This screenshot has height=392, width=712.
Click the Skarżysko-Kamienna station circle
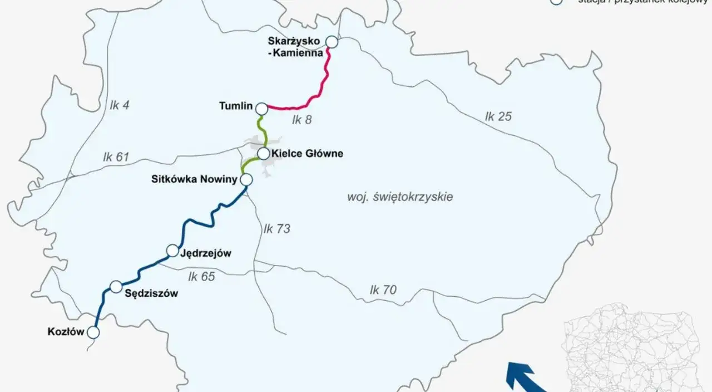(332, 42)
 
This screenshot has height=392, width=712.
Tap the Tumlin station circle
(261, 107)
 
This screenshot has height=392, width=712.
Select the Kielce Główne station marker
(263, 154)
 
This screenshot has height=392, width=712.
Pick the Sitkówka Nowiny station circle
(246, 179)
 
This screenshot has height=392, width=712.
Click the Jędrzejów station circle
(173, 251)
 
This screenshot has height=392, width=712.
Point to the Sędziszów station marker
(116, 287)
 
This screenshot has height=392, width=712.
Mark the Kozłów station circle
(93, 332)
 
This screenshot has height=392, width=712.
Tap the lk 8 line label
(301, 119)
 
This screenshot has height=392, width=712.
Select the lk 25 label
(498, 116)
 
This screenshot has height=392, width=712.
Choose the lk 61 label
(116, 158)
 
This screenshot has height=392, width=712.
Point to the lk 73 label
(277, 229)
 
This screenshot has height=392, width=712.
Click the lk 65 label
(201, 276)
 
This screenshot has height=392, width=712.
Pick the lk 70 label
(383, 290)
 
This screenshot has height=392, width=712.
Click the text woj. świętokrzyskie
(399, 197)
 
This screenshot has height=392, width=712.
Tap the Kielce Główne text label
(307, 154)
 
